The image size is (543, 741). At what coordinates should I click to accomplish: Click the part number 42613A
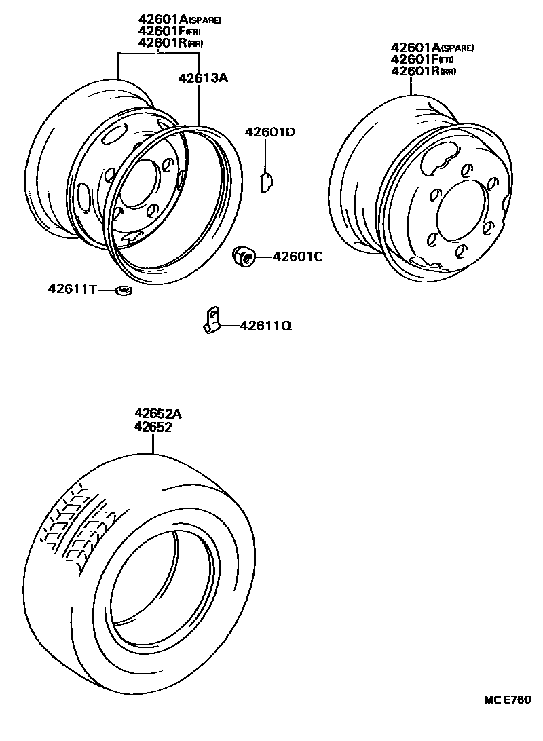pyautogui.click(x=202, y=78)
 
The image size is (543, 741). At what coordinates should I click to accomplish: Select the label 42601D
pyautogui.click(x=269, y=132)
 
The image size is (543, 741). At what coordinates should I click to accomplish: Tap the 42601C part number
pyautogui.click(x=297, y=256)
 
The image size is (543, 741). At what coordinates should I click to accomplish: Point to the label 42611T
pyautogui.click(x=71, y=290)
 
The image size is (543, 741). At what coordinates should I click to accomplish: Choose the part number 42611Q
pyautogui.click(x=265, y=326)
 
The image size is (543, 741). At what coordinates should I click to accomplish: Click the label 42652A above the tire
pyautogui.click(x=158, y=414)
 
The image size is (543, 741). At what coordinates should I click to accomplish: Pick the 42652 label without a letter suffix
pyautogui.click(x=153, y=427)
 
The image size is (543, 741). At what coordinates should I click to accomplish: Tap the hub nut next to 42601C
pyautogui.click(x=244, y=256)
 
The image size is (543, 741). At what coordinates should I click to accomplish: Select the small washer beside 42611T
pyautogui.click(x=124, y=291)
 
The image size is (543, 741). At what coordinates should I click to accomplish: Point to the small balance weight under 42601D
pyautogui.click(x=266, y=182)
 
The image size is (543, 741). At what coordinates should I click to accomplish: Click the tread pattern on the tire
pyautogui.click(x=75, y=526)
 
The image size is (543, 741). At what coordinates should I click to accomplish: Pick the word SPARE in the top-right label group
pyautogui.click(x=457, y=48)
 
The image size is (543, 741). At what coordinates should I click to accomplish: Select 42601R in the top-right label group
pyautogui.click(x=414, y=71)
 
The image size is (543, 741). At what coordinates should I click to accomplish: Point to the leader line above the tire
pyautogui.click(x=153, y=444)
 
